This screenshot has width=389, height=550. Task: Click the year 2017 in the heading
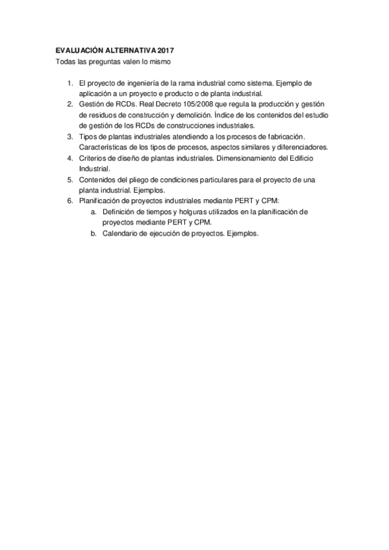pyautogui.click(x=166, y=50)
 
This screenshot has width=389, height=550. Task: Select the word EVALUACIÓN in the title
pyautogui.click(x=77, y=50)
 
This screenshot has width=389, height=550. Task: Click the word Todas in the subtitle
pyautogui.click(x=66, y=62)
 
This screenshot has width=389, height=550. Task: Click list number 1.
pyautogui.click(x=69, y=84)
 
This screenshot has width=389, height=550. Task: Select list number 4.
pyautogui.click(x=69, y=158)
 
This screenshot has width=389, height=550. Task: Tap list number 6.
pyautogui.click(x=69, y=201)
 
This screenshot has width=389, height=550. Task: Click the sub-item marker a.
pyautogui.click(x=94, y=212)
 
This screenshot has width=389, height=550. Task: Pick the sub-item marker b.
pyautogui.click(x=94, y=234)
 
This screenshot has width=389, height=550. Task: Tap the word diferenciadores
pyautogui.click(x=300, y=147)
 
